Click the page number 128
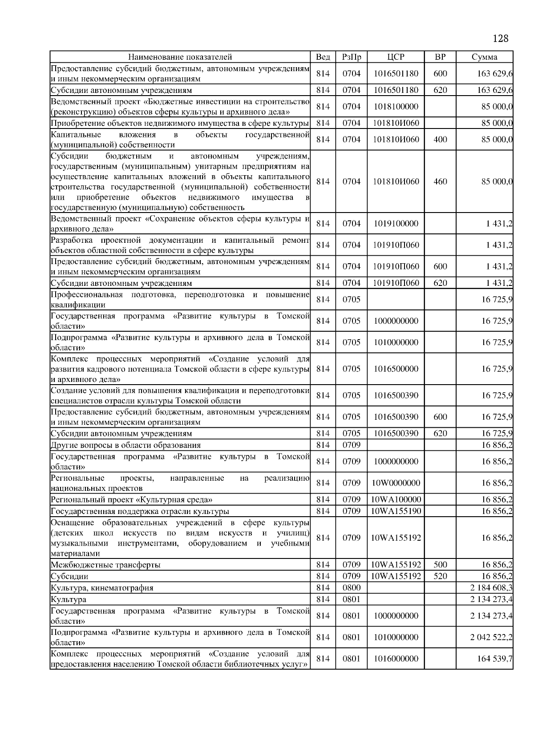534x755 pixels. click(501, 39)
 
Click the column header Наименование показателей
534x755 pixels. click(180, 57)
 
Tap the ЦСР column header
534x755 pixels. click(396, 57)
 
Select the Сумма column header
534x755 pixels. click(484, 57)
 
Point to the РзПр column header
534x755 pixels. click(351, 57)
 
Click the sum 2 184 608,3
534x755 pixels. click(491, 588)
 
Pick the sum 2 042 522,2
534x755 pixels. click(491, 637)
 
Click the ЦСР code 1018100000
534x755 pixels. click(396, 107)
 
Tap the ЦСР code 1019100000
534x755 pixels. click(396, 224)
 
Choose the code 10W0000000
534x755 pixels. click(396, 483)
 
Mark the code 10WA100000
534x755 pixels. click(396, 499)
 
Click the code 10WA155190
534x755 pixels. click(396, 511)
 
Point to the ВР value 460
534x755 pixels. click(440, 181)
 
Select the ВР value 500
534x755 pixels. click(440, 565)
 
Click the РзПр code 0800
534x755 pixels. click(351, 588)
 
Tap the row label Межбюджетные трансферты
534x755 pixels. click(105, 565)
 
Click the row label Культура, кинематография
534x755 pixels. click(102, 588)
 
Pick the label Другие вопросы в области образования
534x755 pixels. click(125, 445)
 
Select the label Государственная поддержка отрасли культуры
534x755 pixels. click(140, 511)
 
